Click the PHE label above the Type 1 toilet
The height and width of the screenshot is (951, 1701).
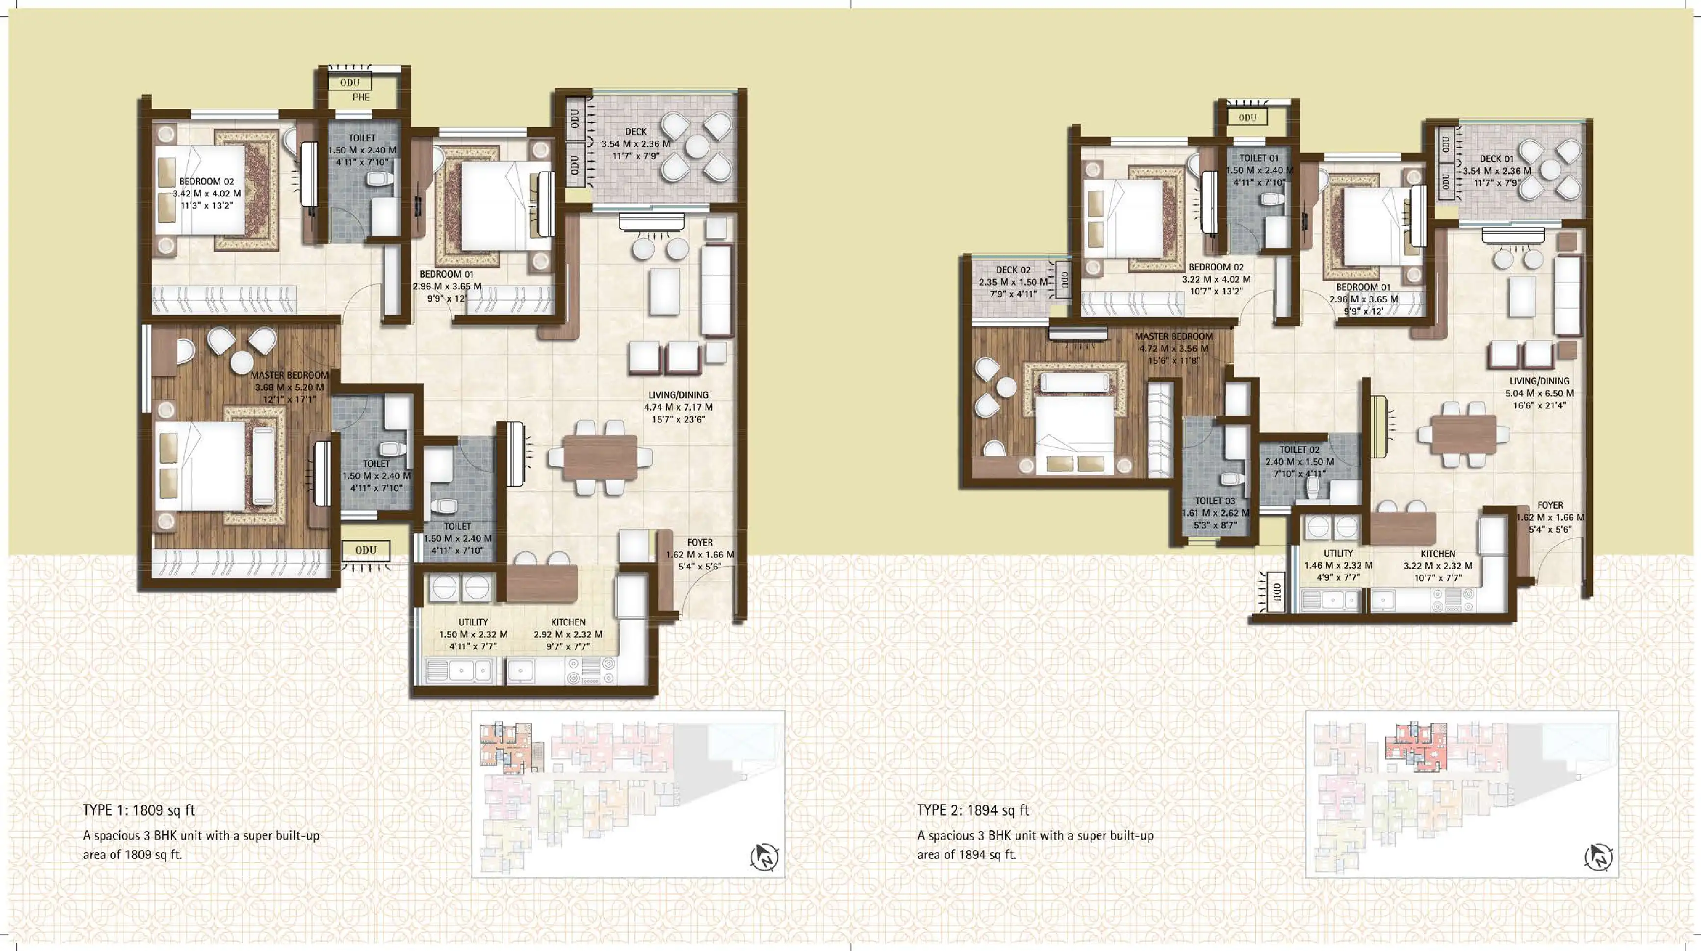361,97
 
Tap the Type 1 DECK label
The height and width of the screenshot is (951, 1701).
635,132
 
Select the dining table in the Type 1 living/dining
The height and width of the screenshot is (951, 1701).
599,457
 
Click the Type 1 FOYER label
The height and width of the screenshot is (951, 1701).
699,543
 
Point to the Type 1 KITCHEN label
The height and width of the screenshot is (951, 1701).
568,622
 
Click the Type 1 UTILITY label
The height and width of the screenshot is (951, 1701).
473,622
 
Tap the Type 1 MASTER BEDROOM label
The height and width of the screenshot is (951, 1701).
289,375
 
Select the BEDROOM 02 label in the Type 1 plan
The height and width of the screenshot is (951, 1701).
206,182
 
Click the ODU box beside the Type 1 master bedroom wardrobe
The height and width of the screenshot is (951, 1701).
365,550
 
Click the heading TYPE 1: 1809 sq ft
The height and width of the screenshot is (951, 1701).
139,810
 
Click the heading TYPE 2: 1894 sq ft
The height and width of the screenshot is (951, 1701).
973,810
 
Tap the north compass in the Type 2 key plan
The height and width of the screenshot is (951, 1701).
1598,858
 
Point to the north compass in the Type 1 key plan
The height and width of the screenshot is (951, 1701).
765,858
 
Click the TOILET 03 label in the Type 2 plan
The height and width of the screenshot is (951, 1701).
1214,501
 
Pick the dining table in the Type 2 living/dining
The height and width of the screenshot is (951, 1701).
1463,435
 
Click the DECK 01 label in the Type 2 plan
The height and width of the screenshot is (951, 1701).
1496,159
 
